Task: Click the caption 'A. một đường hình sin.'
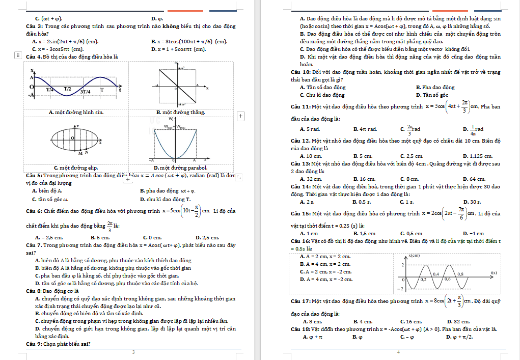[76, 112]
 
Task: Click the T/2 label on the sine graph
[67, 89]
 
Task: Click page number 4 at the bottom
[399, 352]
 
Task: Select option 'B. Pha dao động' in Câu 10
[435, 88]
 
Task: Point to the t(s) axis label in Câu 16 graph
[494, 272]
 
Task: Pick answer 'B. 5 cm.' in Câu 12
[363, 156]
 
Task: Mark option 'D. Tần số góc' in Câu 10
[432, 95]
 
